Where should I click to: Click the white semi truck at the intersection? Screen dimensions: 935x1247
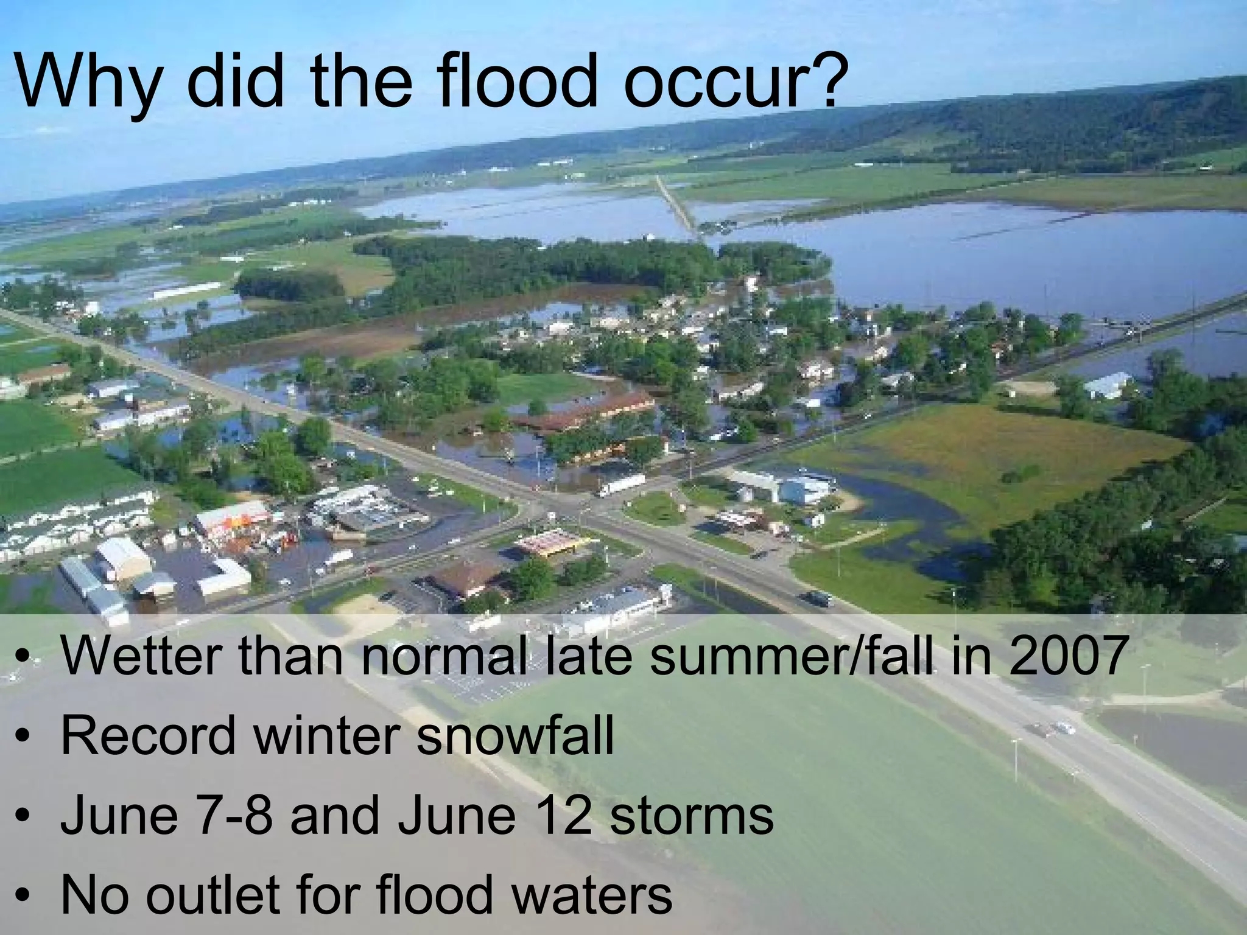click(621, 485)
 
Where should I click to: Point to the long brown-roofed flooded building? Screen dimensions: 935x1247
click(581, 411)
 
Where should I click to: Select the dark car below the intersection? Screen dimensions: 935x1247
click(819, 598)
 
